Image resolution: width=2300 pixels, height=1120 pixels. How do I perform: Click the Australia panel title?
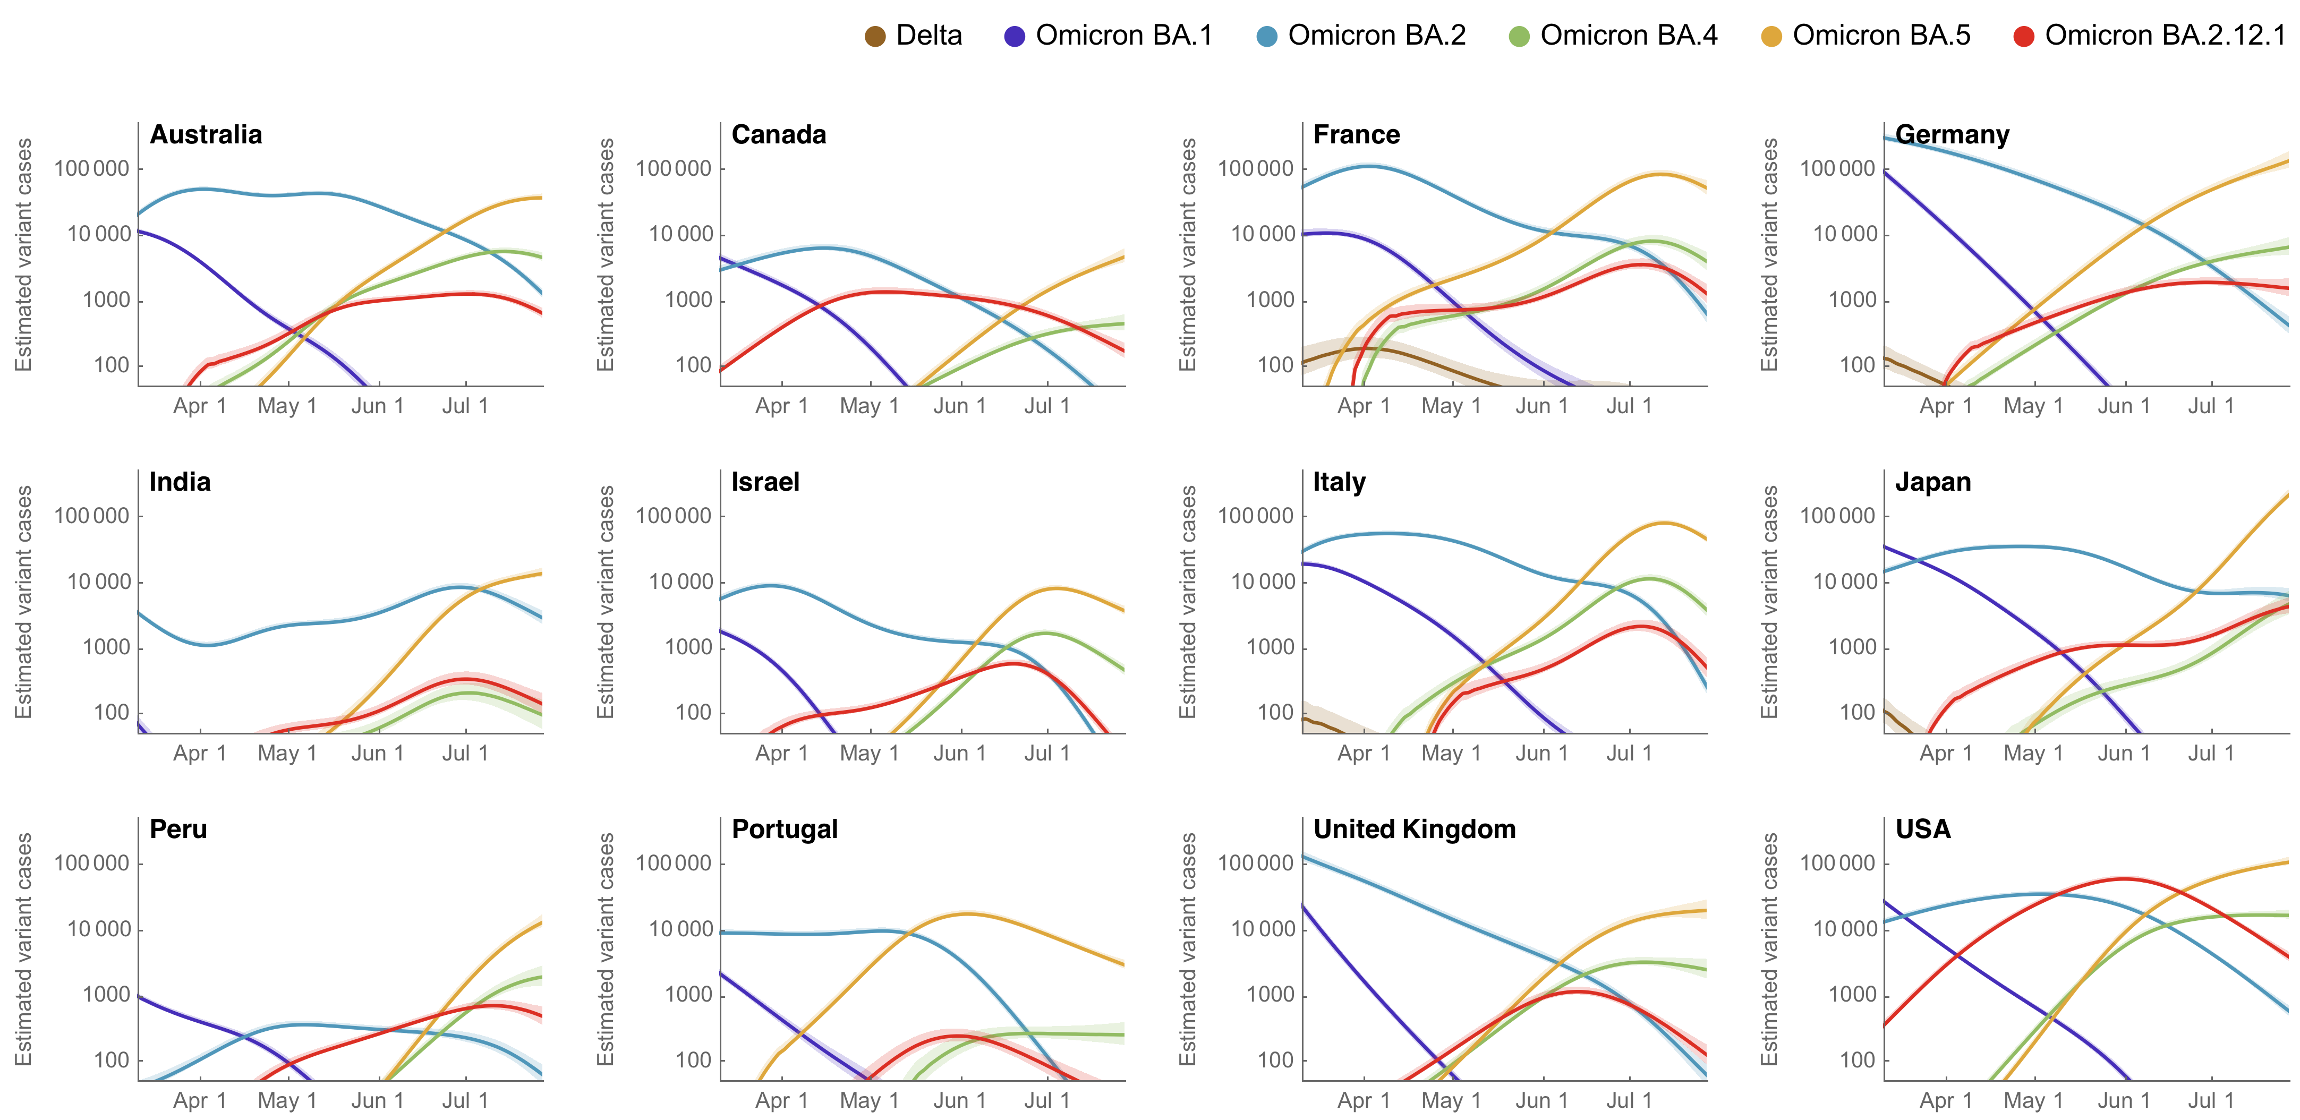click(x=206, y=135)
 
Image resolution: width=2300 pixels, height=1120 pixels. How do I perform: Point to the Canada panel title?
click(x=779, y=135)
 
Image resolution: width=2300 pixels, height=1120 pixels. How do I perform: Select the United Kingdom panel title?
click(x=1415, y=829)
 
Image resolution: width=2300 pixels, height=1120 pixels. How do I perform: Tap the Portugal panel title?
click(x=785, y=829)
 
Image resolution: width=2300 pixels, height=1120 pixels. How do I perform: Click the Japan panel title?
click(x=1933, y=482)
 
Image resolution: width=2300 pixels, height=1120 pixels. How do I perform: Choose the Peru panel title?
click(x=178, y=829)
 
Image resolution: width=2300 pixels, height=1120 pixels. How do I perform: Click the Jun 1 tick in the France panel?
click(x=1542, y=406)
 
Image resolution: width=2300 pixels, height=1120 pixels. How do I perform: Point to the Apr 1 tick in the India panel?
click(x=200, y=753)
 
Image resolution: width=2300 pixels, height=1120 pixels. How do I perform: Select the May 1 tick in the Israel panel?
click(x=870, y=753)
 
